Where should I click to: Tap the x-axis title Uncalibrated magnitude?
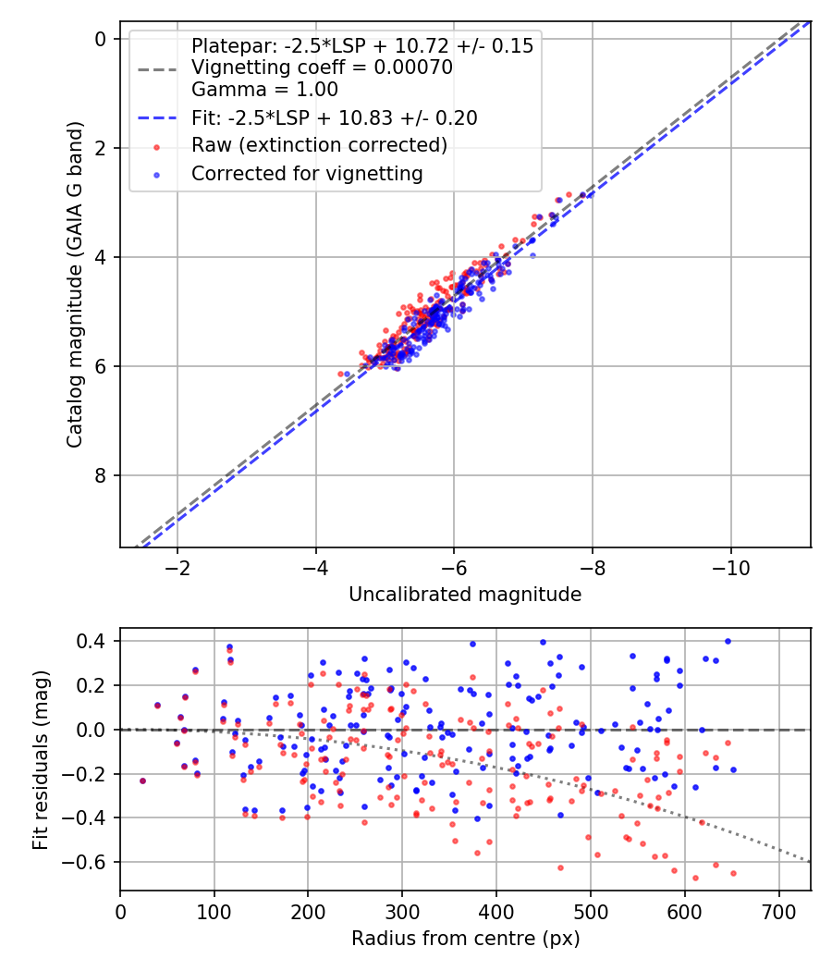465,595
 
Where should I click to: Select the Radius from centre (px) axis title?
465,939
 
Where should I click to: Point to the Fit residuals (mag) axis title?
40,759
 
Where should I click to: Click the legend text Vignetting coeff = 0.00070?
322,68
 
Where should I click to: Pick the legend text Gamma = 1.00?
264,90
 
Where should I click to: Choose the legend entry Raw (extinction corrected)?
319,145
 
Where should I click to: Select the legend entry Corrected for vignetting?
307,173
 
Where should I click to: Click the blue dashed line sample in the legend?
157,118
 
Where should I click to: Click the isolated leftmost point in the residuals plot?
142,780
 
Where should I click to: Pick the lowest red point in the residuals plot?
695,879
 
